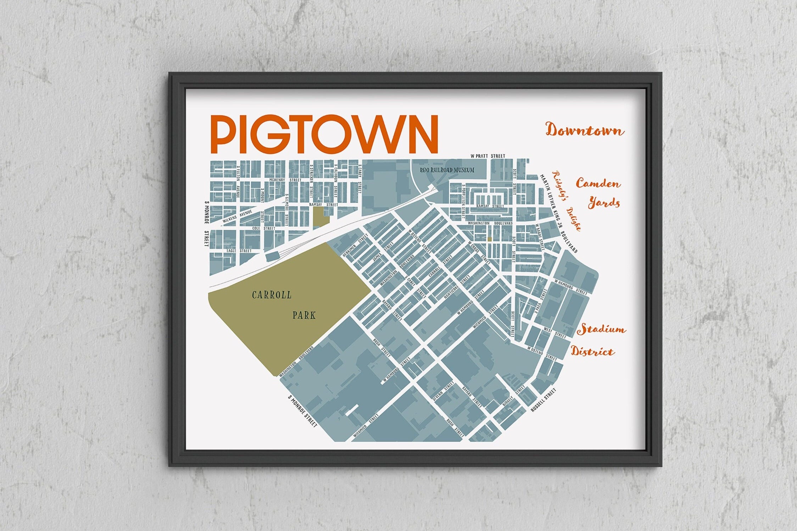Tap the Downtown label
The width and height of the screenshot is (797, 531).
click(585, 130)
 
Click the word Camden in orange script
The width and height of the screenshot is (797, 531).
click(598, 184)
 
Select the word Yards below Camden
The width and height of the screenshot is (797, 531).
click(604, 203)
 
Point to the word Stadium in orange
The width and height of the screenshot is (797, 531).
click(601, 329)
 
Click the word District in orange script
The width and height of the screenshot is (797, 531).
click(592, 352)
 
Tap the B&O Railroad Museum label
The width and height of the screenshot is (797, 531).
click(447, 170)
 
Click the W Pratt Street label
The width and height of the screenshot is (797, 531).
click(487, 156)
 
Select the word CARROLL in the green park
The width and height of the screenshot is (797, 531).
click(272, 295)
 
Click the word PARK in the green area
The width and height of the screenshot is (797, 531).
click(304, 315)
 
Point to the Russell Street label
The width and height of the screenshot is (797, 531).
click(543, 400)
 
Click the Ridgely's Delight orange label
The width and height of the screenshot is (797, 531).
click(567, 201)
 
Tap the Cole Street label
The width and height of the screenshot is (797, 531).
click(263, 229)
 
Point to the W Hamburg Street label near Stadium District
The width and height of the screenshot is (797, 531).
click(571, 288)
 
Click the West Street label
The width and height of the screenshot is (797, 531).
click(555, 332)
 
